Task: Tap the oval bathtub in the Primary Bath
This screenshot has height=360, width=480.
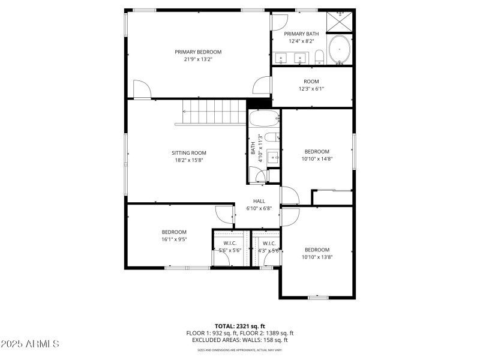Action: coord(340,49)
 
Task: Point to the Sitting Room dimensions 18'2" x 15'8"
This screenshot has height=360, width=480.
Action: coord(190,160)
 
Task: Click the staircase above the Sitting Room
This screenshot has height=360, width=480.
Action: coord(209,112)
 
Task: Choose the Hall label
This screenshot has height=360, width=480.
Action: coord(259,201)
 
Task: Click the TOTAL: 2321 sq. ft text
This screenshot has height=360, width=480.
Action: coord(239,326)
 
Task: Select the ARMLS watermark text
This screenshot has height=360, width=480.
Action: coord(30,344)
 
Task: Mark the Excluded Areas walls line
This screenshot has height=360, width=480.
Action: coord(239,340)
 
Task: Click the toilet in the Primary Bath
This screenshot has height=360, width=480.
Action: coord(319,57)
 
